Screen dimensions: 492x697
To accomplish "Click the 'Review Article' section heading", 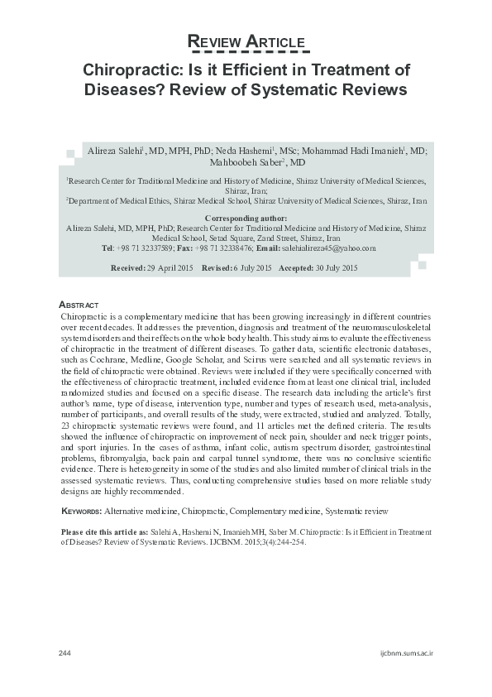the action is (x=246, y=42).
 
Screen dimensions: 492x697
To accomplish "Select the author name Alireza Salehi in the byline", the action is (x=114, y=151).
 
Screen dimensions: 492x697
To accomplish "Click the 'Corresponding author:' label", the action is (x=246, y=217).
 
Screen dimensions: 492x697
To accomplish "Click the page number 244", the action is (x=65, y=653).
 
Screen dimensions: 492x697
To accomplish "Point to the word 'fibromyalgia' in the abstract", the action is (x=122, y=459).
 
